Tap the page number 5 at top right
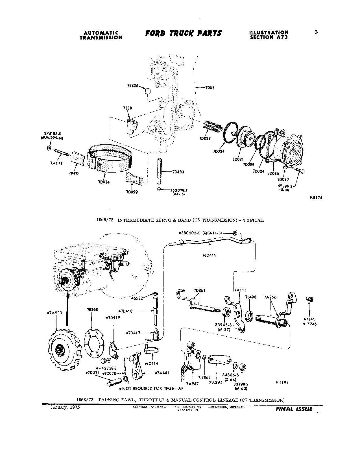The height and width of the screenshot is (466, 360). click(316, 32)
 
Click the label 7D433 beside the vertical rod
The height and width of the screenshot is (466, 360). click(178, 172)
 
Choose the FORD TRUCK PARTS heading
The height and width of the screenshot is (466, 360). click(184, 33)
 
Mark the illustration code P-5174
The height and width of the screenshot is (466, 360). click(316, 198)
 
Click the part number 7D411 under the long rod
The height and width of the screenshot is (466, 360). click(210, 255)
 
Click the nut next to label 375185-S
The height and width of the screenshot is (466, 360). click(48, 148)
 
